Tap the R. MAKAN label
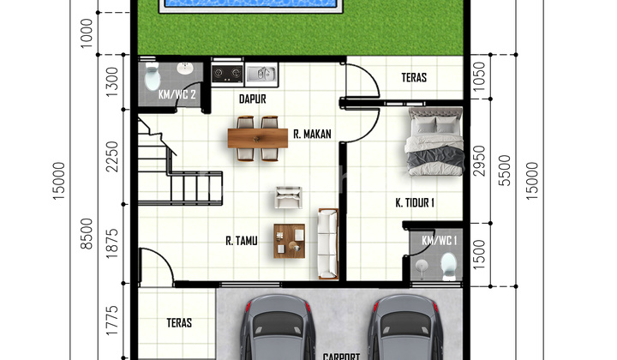[x=312, y=134]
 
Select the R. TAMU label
[x=243, y=241]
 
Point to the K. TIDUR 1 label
[x=415, y=203]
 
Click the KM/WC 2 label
[x=177, y=95]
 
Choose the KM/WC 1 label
[x=439, y=241]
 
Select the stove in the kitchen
[x=226, y=74]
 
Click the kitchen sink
[x=261, y=74]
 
